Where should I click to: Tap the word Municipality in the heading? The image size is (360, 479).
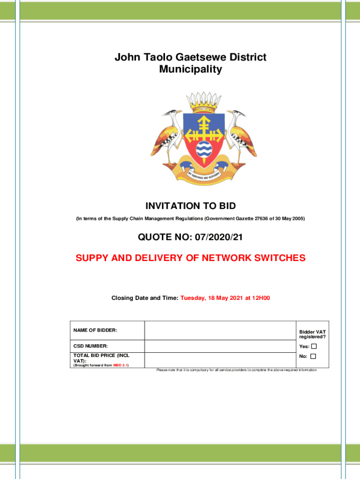pyautogui.click(x=191, y=70)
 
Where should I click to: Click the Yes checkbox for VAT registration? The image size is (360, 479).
pyautogui.click(x=314, y=347)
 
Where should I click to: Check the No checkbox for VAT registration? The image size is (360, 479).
pyautogui.click(x=313, y=356)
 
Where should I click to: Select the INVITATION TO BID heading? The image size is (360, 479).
pyautogui.click(x=191, y=206)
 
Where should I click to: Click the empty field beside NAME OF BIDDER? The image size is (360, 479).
pyautogui.click(x=220, y=331)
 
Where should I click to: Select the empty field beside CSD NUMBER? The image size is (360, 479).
pyautogui.click(x=220, y=346)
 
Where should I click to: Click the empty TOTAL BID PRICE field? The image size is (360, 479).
pyautogui.click(x=220, y=360)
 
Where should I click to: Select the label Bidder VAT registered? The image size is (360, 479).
pyautogui.click(x=312, y=334)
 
